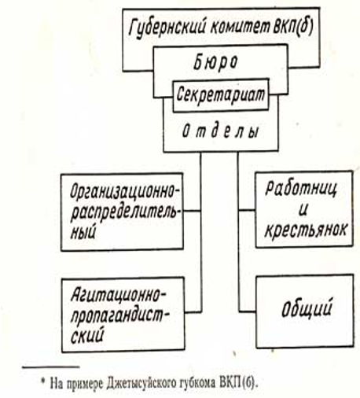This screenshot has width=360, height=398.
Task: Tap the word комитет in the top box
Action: pos(240,26)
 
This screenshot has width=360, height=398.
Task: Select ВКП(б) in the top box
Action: pos(293,25)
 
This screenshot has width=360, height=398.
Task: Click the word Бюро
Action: pos(215,62)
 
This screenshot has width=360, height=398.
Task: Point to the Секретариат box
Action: pos(221,95)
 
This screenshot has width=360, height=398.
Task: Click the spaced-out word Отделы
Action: pos(220,131)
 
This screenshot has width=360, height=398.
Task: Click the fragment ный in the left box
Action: pos(83,232)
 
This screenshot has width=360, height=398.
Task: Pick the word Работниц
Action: pos(301,188)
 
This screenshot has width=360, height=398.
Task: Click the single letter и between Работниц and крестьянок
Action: pos(303,209)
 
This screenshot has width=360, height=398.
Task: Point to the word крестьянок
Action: pos(306,229)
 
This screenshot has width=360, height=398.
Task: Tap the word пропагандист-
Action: pos(120,316)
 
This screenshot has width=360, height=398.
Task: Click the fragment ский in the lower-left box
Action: pos(87,335)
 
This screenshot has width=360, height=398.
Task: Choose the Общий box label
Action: pos(307,308)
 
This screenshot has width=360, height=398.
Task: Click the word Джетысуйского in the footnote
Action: pos(140,384)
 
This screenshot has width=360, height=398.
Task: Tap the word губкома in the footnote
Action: pos(195,384)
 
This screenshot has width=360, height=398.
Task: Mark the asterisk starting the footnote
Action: pos(43,381)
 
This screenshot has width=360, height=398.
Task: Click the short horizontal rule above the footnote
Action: pos(51,367)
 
